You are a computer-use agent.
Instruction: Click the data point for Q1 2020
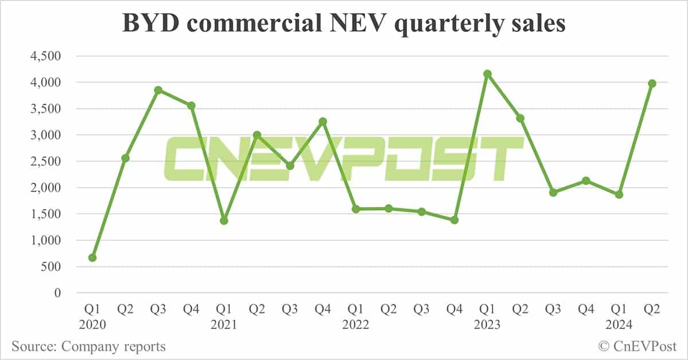pos(92,258)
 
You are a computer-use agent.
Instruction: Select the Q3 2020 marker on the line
pos(158,90)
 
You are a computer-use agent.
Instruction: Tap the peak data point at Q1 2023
pos(487,74)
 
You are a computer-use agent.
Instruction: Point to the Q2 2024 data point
pos(652,84)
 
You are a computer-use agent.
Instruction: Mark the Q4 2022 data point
pos(455,220)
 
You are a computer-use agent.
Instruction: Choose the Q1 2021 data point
pos(224,221)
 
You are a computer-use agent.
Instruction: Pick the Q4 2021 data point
pos(323,122)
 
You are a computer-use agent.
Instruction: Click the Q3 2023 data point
pos(553,193)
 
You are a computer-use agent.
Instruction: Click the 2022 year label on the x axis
pos(356,325)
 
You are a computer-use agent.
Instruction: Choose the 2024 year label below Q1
pos(619,325)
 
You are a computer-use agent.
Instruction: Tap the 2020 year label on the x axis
pos(92,325)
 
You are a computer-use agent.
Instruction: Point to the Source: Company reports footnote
pos(88,346)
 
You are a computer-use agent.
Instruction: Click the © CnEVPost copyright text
pos(637,346)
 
